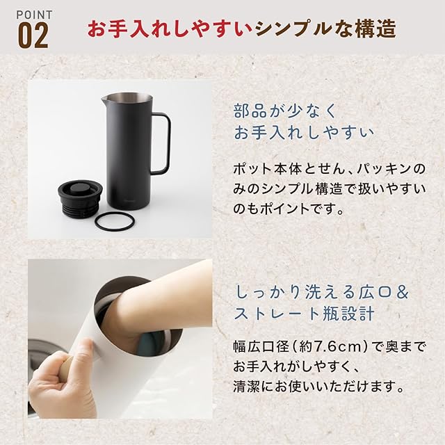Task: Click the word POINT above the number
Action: pyautogui.click(x=34, y=15)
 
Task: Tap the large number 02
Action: pyautogui.click(x=33, y=36)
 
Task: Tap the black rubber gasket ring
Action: pyautogui.click(x=114, y=220)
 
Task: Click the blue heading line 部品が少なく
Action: pyautogui.click(x=284, y=111)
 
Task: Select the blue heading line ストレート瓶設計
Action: pyautogui.click(x=304, y=314)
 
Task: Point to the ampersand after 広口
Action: pyautogui.click(x=402, y=293)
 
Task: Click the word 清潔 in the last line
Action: pyautogui.click(x=247, y=387)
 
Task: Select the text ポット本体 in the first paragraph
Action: pyautogui.click(x=261, y=169)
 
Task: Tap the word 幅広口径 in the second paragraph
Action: pyautogui.click(x=261, y=347)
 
